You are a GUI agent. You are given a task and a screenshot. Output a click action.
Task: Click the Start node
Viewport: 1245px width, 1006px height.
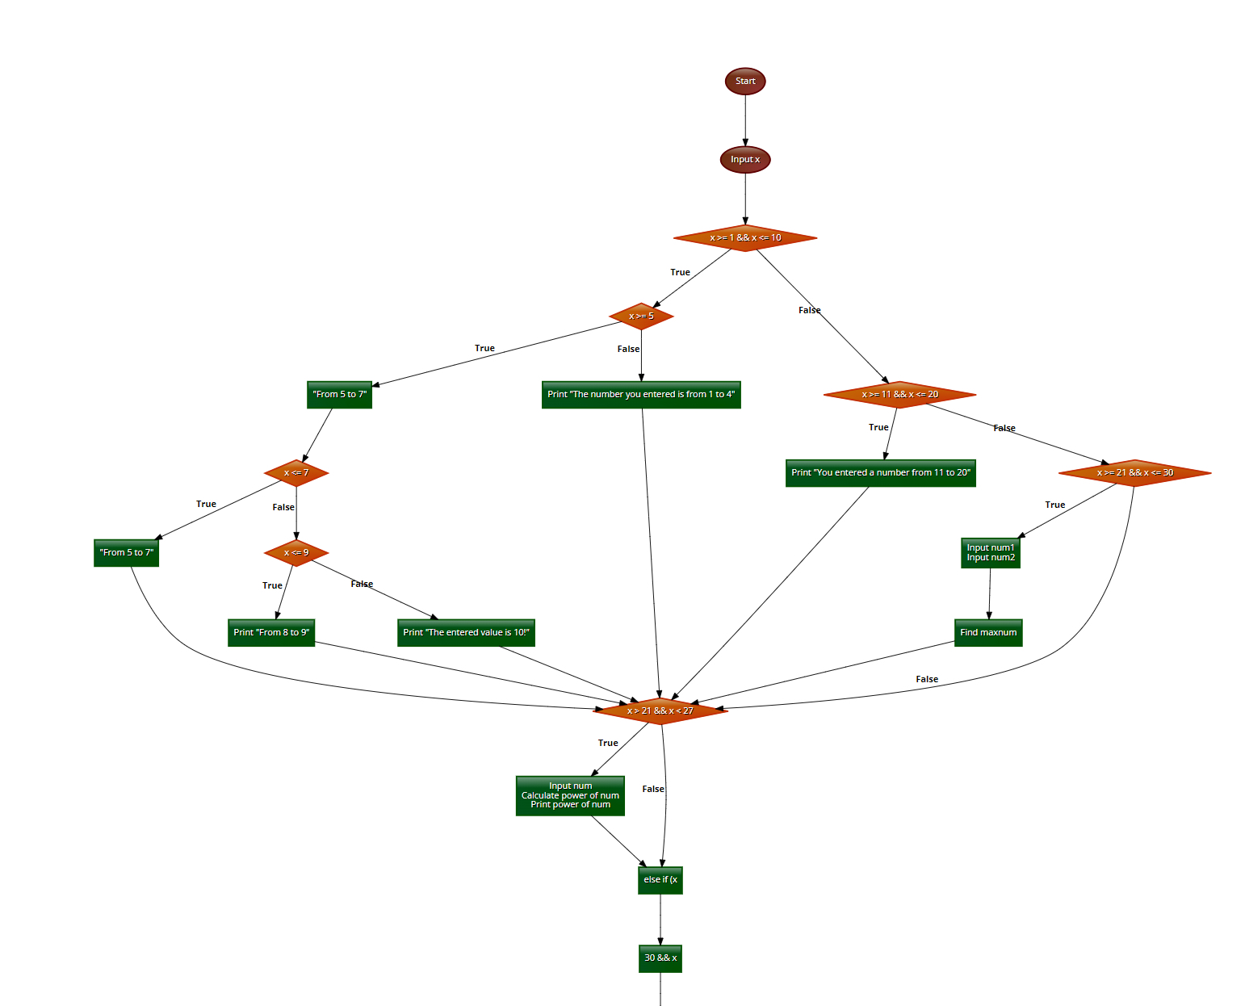click(x=745, y=82)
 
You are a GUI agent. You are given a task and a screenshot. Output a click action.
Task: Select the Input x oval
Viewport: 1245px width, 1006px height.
click(x=745, y=160)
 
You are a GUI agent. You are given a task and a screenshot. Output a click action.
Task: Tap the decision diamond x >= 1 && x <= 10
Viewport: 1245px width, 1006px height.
click(x=745, y=238)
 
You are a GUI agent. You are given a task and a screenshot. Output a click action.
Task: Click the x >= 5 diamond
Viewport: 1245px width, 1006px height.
click(x=641, y=316)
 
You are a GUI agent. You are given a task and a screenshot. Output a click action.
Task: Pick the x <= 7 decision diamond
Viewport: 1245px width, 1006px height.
click(x=296, y=473)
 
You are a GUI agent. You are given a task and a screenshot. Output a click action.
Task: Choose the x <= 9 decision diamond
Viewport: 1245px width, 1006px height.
click(x=296, y=553)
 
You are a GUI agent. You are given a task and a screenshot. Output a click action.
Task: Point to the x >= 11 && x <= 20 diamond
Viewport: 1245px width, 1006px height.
click(x=899, y=395)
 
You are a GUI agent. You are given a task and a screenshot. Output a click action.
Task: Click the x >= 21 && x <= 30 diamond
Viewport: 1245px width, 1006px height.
click(x=1134, y=473)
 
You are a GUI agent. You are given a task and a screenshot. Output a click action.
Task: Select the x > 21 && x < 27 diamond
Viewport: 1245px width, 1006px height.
click(x=660, y=711)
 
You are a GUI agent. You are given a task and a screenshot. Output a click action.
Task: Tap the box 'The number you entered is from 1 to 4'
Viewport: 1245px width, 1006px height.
click(x=641, y=395)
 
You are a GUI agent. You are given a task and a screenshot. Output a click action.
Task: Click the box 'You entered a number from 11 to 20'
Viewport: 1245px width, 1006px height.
click(x=880, y=473)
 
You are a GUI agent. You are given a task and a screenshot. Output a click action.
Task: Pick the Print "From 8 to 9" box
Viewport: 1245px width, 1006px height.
click(x=271, y=633)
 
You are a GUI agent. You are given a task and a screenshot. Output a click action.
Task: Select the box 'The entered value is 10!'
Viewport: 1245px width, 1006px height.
click(x=466, y=633)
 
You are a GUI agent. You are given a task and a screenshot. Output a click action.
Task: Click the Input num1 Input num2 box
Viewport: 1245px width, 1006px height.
click(x=991, y=553)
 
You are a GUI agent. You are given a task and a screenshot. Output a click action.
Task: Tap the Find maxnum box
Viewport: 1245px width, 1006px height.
click(x=988, y=633)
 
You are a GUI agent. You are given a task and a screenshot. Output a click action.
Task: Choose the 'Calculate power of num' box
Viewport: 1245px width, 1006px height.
click(x=570, y=795)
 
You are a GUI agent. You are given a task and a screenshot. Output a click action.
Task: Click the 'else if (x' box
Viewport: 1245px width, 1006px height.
click(x=660, y=880)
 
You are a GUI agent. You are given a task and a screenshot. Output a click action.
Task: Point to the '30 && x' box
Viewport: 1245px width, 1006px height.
click(x=660, y=958)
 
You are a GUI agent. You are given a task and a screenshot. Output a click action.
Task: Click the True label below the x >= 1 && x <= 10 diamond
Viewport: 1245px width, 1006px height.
click(x=680, y=273)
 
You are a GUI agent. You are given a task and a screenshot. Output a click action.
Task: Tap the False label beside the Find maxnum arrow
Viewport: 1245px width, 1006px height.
click(x=927, y=680)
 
